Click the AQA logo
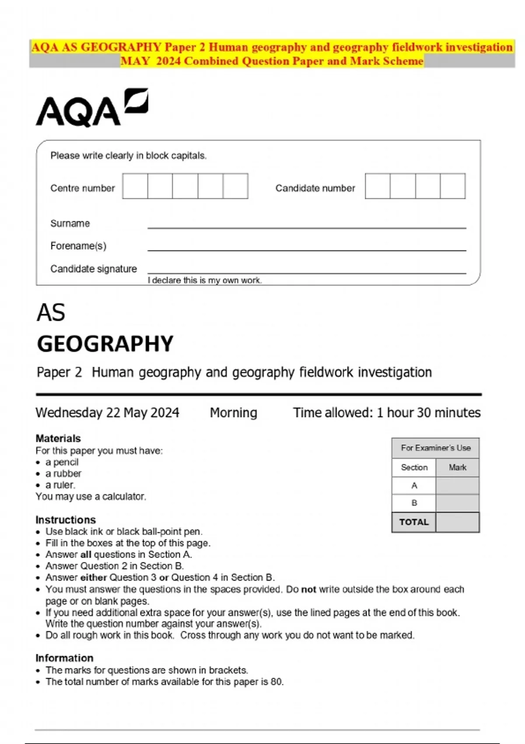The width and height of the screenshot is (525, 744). pos(91,108)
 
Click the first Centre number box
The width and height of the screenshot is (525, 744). pos(135,186)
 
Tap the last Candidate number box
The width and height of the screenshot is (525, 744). pos(452,186)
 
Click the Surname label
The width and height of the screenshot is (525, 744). pos(70,223)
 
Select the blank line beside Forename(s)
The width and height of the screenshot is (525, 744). pos(306,247)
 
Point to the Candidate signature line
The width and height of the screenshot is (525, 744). pos(306,270)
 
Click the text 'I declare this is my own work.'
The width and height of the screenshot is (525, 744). pos(205,281)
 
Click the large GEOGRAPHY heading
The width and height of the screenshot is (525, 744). pos(105,344)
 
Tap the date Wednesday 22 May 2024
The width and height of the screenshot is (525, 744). pos(107,413)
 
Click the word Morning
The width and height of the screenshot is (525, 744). pos(233,413)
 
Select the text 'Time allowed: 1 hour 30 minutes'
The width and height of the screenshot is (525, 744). pos(387,413)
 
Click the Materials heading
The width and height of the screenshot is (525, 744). pos(58,439)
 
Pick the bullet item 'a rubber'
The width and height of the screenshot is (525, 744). pos(63,474)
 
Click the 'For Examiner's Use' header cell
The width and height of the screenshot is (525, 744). pos(436,448)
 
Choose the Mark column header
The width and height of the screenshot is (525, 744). pos(458,467)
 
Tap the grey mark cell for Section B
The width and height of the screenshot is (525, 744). pos(458,503)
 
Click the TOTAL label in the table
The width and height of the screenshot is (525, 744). pos(414,522)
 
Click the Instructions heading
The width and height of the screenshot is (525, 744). pos(66,520)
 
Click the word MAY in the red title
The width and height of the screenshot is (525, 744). pos(135,61)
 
